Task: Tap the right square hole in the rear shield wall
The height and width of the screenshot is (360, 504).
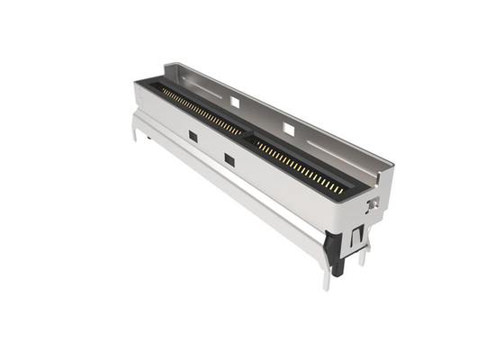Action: point(289,130)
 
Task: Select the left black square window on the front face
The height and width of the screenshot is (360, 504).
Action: point(193,136)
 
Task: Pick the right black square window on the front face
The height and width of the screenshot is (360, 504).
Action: point(229,160)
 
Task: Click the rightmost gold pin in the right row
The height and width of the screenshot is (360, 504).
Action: point(342,191)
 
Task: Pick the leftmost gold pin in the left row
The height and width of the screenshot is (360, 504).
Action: point(162,90)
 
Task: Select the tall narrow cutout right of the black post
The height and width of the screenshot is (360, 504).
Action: point(357,235)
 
